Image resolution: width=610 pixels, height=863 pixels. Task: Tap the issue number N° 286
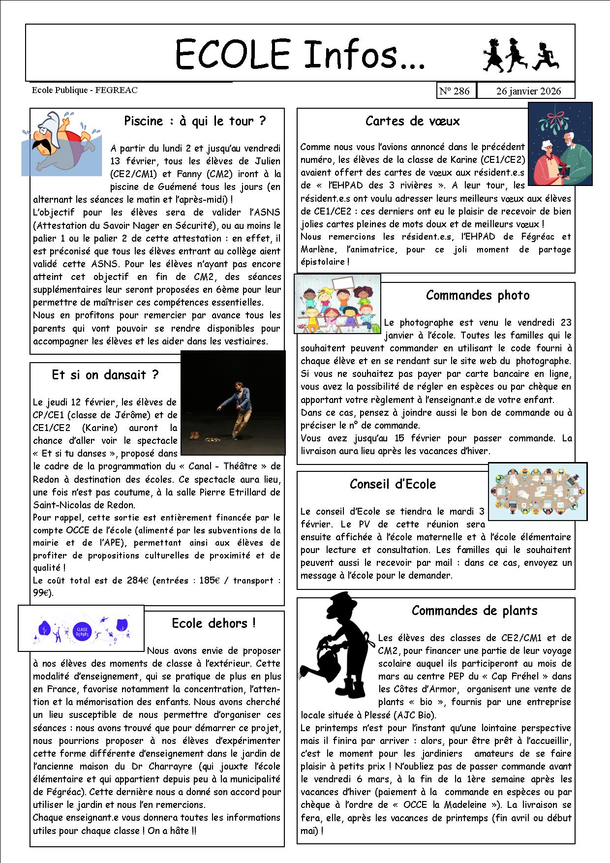coord(455,91)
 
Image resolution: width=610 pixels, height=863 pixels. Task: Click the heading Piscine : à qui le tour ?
coord(195,121)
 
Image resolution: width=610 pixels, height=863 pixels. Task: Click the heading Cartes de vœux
coord(412,121)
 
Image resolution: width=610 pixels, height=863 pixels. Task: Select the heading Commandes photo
coord(477,295)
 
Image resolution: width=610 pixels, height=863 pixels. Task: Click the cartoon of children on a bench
coord(337,304)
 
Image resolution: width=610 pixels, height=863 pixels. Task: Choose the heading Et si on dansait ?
coord(105,375)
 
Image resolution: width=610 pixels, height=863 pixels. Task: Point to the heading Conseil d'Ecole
coord(393,484)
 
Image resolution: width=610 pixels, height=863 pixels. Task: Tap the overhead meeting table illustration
coord(538,491)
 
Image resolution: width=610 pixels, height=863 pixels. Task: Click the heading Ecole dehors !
coord(213,623)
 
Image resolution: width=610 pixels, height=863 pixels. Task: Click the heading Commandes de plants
coord(474,611)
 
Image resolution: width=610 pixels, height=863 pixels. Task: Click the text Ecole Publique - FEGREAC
coord(85,90)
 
